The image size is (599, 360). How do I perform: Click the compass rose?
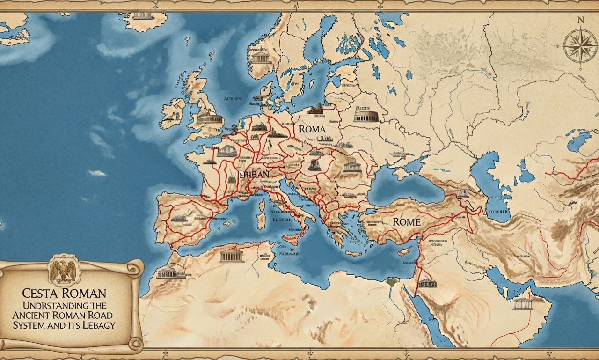(580, 47)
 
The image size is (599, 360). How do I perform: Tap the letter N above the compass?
(581, 20)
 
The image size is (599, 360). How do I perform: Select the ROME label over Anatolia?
(406, 222)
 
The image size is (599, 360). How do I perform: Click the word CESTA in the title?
(41, 294)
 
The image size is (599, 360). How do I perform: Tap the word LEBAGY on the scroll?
(97, 325)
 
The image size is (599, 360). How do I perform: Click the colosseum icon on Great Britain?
(209, 117)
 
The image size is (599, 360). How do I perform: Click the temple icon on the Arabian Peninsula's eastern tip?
(523, 304)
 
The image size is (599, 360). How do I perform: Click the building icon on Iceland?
(143, 15)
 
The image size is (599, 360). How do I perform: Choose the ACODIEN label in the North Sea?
(233, 99)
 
